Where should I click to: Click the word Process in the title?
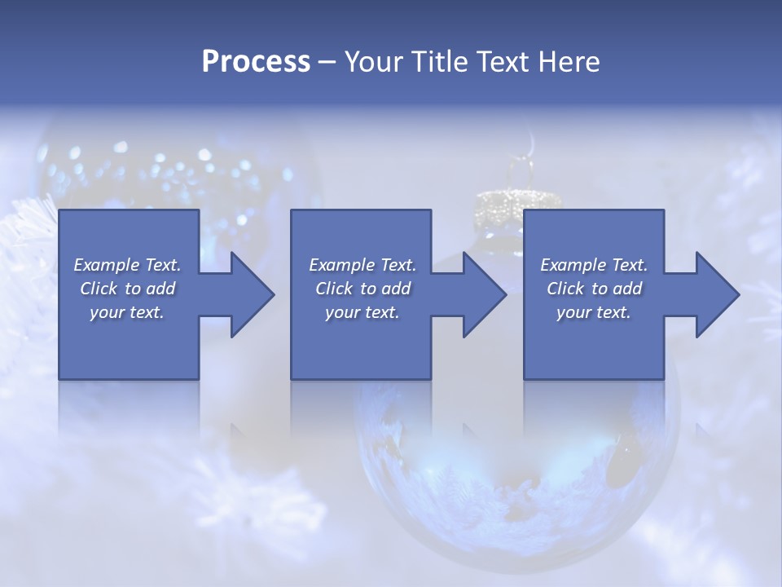[x=256, y=62]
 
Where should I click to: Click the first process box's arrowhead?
[x=248, y=294]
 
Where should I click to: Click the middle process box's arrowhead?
[x=481, y=294]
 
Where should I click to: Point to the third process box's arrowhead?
[x=713, y=294]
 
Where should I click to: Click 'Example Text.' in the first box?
[x=127, y=265]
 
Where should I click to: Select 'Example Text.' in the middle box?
[x=362, y=265]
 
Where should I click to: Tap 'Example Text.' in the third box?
[x=593, y=265]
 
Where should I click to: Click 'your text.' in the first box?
[x=127, y=312]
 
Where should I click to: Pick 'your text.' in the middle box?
[x=362, y=312]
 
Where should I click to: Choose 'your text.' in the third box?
[x=593, y=312]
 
